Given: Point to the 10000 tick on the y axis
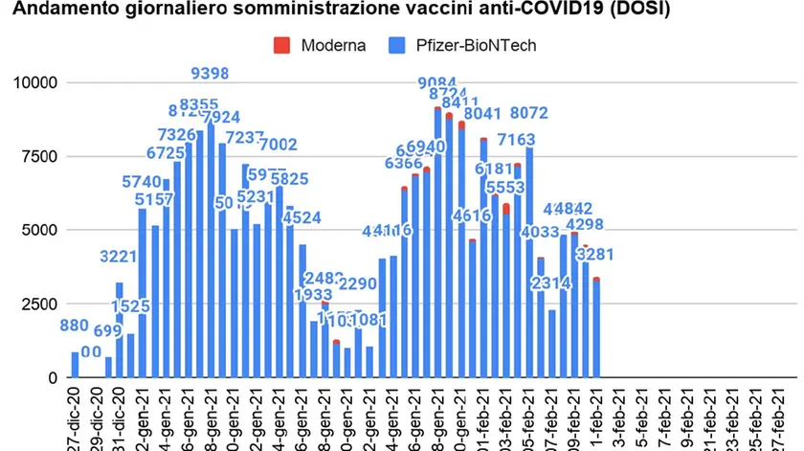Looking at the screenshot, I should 34,83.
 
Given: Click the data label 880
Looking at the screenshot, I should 77,326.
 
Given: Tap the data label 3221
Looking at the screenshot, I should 121,257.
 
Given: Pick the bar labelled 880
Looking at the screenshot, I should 75,365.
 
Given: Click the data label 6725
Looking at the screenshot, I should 166,153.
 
